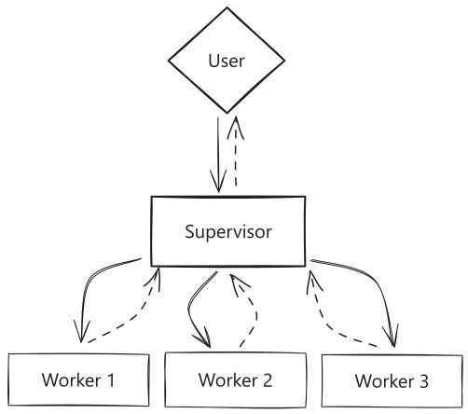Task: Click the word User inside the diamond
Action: pos(227,61)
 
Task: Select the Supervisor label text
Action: pos(228,232)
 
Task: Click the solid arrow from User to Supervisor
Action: pos(218,155)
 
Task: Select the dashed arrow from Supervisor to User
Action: pos(236,151)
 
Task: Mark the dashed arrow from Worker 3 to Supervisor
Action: pos(323,324)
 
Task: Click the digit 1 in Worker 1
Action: pos(110,380)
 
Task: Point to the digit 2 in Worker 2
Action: pos(267,379)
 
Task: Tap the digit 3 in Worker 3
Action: pos(424,381)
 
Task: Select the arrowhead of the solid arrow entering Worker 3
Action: pos(392,337)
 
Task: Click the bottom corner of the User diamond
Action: pos(227,113)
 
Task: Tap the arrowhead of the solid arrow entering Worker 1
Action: pos(81,332)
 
